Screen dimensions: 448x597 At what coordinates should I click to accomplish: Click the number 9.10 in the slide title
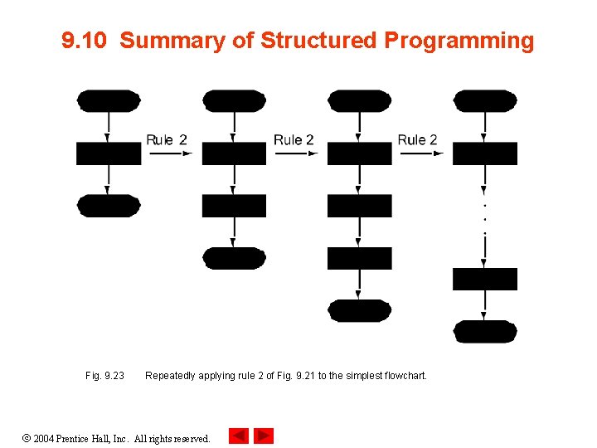point(85,41)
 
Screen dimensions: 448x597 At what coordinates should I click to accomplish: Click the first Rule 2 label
point(167,139)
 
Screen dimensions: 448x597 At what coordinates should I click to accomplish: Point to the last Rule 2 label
point(417,139)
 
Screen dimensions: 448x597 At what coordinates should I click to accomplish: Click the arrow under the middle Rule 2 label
point(296,153)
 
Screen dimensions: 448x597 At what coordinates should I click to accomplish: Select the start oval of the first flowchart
point(109,101)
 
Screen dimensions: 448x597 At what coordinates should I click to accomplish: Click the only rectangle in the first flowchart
point(109,153)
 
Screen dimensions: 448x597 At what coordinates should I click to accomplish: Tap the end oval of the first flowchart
point(109,206)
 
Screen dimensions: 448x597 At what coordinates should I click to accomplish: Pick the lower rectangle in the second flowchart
point(234,206)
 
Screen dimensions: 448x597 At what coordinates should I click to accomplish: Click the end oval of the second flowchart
point(234,258)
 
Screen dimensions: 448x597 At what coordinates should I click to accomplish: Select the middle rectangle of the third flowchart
point(359,206)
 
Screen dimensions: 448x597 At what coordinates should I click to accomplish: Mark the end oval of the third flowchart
point(359,310)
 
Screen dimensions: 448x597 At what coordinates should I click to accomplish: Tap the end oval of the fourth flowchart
point(485,332)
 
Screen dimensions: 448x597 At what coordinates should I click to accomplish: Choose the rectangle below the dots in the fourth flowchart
point(485,279)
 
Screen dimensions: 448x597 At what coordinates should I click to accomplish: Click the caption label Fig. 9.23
point(104,376)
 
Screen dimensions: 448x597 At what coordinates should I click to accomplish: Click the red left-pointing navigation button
point(238,436)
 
